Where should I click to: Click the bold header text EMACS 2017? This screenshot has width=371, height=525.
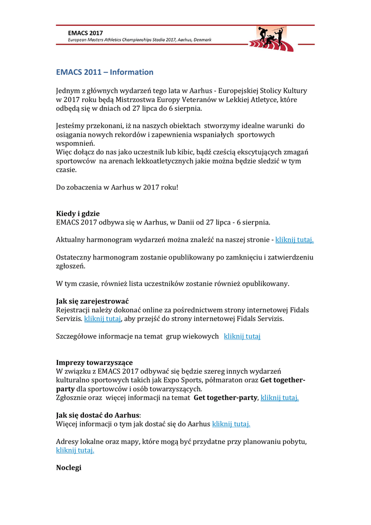(x=86, y=33)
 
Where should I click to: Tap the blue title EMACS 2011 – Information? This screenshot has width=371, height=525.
(x=105, y=72)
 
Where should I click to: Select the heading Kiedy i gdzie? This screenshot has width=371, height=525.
(x=78, y=213)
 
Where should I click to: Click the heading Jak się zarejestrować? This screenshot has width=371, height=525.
(x=92, y=301)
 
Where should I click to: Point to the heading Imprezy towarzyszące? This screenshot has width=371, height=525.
(x=94, y=362)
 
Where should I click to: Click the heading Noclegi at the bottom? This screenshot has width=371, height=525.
(x=69, y=468)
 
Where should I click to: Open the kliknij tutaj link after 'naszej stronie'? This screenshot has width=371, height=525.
(x=294, y=239)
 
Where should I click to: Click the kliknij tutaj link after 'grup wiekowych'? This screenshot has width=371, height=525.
(x=242, y=336)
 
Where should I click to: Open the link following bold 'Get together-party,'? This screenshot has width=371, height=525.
(x=279, y=397)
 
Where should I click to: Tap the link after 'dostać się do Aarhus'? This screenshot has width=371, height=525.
(x=231, y=424)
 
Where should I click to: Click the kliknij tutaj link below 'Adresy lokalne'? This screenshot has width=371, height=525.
(x=75, y=451)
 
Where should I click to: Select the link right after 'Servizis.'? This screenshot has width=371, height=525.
(x=102, y=319)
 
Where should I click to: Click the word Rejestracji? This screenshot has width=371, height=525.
(x=75, y=310)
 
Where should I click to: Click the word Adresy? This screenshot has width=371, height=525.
(x=69, y=441)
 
